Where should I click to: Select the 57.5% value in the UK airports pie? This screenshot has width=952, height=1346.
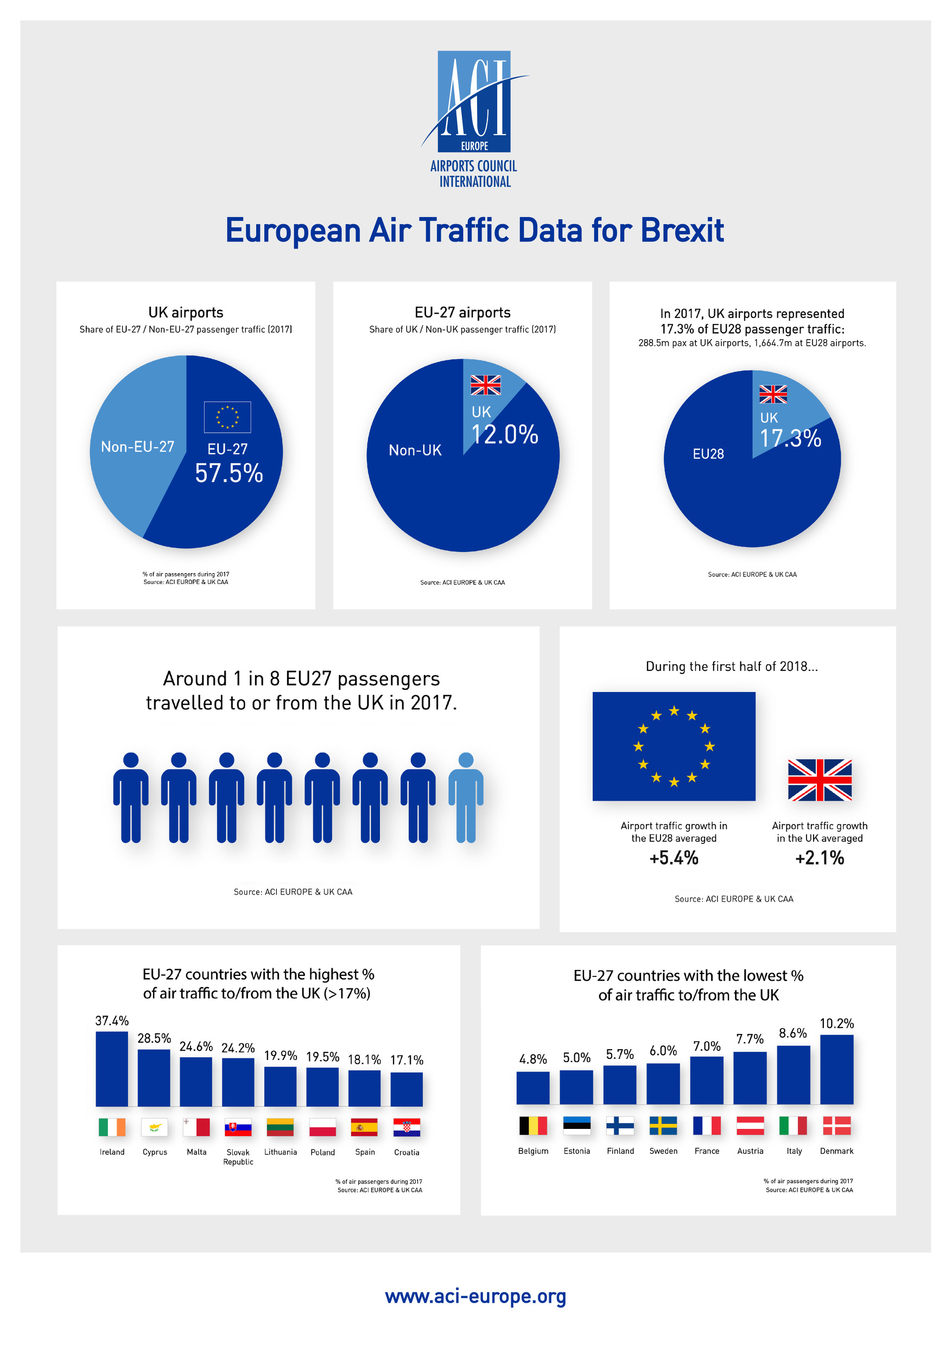tap(229, 473)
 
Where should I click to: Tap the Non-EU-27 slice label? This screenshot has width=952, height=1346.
tap(138, 447)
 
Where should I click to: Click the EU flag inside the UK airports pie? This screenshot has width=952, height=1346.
tap(227, 417)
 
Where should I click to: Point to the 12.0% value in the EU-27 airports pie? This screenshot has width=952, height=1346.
tap(504, 434)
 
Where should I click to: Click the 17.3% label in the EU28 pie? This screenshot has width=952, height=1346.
tap(790, 438)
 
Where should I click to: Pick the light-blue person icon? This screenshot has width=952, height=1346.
tap(466, 797)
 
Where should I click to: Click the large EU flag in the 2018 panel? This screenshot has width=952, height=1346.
tap(674, 746)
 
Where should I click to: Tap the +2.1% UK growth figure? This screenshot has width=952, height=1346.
tap(819, 858)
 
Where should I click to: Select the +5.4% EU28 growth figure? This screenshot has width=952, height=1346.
tap(674, 858)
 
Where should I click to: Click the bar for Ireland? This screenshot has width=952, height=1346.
tap(112, 1068)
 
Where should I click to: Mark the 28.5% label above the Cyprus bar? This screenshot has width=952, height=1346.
tap(154, 1038)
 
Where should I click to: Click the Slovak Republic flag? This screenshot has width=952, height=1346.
tap(238, 1127)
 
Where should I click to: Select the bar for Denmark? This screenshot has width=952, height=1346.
tap(836, 1069)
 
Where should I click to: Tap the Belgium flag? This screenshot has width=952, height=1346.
tap(533, 1126)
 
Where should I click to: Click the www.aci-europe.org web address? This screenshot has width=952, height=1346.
tap(475, 1296)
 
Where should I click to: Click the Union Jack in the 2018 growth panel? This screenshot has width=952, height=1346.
tap(820, 780)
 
